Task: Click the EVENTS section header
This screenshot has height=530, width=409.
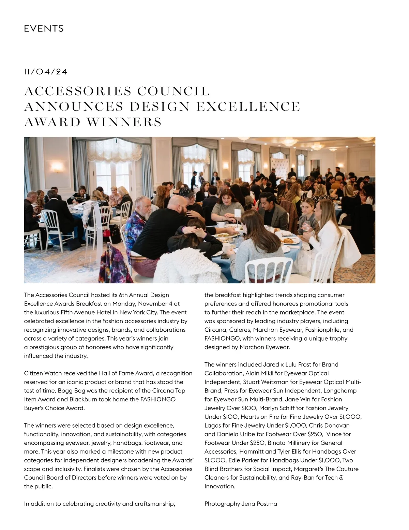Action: (44, 29)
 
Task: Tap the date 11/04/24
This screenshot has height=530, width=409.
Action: (46, 72)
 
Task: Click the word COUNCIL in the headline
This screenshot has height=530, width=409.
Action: (174, 91)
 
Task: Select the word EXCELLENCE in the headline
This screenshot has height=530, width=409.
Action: (248, 107)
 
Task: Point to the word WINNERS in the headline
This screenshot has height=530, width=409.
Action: (124, 122)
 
